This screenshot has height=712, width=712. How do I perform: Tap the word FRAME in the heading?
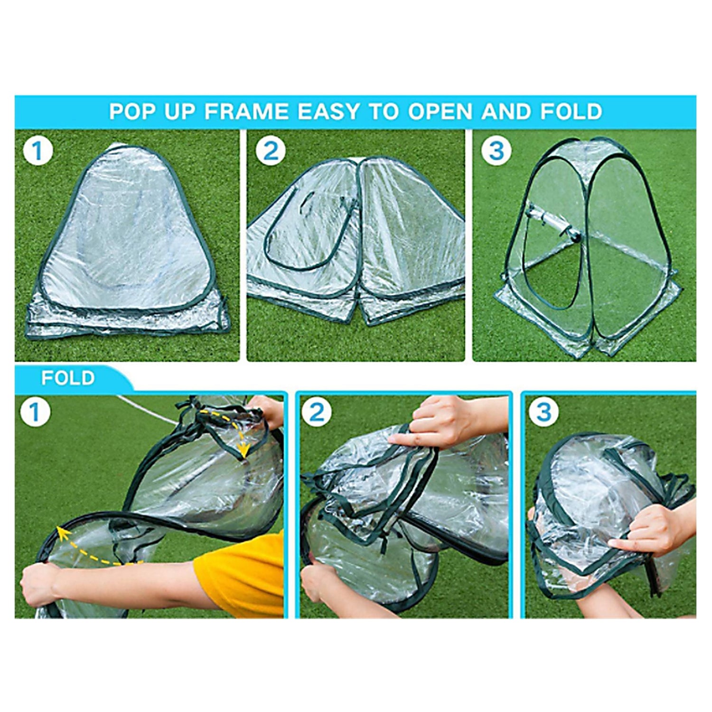tap(246, 112)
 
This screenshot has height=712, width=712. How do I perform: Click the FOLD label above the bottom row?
tap(68, 378)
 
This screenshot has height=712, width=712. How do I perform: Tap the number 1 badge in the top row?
tap(37, 150)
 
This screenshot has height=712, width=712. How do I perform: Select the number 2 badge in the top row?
tap(271, 150)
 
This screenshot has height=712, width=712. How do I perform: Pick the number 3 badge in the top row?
tap(496, 150)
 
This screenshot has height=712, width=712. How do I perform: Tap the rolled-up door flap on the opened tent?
tap(551, 222)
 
